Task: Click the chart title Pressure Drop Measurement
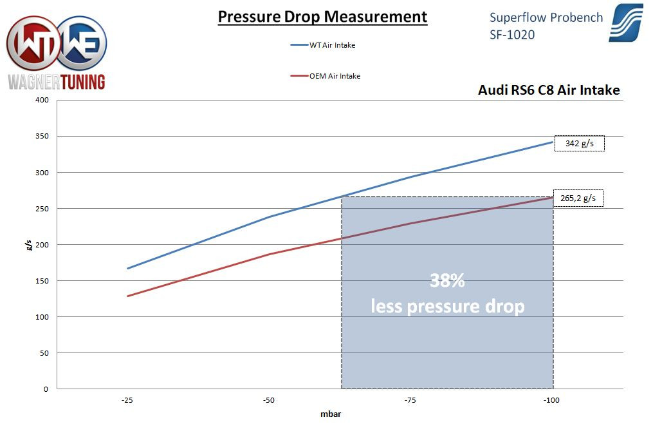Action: [x=322, y=17]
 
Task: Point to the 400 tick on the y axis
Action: [x=43, y=101]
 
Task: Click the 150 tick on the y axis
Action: [x=43, y=281]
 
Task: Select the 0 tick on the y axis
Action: [x=46, y=389]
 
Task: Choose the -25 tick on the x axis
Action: [x=127, y=400]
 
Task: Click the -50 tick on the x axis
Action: [x=269, y=400]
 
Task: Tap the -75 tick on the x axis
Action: [x=410, y=400]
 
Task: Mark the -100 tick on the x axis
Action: [x=551, y=400]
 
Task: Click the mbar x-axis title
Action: [x=330, y=414]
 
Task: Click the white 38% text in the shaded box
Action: [x=447, y=281]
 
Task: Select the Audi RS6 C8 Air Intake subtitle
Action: [x=549, y=90]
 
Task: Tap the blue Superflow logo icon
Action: [x=625, y=23]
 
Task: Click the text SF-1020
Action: [x=512, y=34]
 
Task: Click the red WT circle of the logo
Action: [x=32, y=44]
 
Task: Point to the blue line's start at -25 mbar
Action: [x=128, y=268]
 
